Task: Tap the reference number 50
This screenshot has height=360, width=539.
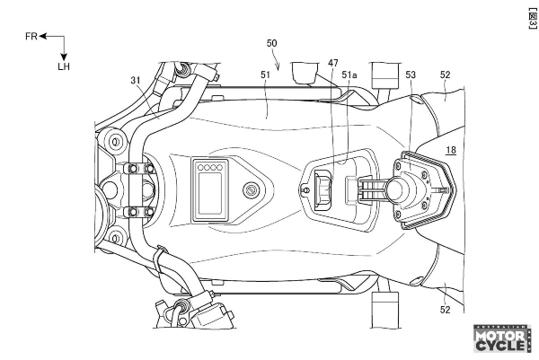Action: [272, 43]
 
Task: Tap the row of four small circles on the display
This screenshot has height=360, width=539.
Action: [209, 167]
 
